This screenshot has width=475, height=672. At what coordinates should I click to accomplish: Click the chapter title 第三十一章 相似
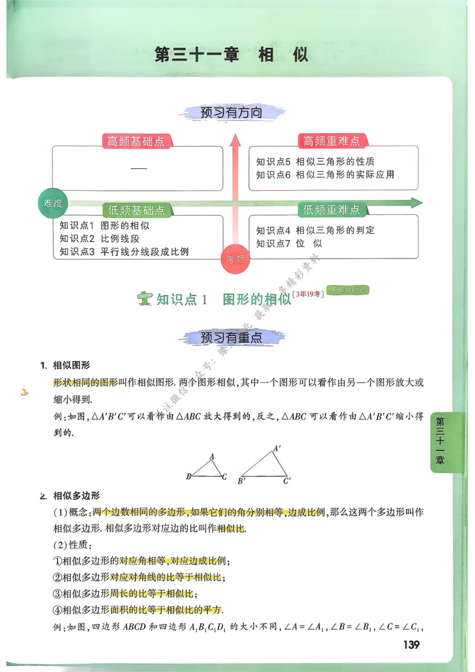tap(232, 55)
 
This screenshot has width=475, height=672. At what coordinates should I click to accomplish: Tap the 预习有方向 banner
tap(232, 112)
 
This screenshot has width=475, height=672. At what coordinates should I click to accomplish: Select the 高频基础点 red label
tap(136, 141)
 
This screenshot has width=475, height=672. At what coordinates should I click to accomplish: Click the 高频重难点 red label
tap(331, 141)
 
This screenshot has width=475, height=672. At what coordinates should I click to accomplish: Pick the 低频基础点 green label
tap(137, 210)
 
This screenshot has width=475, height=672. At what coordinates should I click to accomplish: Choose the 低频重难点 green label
tap(331, 210)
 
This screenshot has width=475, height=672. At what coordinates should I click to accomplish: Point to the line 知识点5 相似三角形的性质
tap(315, 162)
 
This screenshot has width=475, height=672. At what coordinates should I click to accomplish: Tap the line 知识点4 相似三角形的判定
tap(315, 230)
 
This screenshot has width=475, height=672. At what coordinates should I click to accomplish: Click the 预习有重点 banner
tap(232, 337)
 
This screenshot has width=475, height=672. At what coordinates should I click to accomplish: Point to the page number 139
tap(411, 645)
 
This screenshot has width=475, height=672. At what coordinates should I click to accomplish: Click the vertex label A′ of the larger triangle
tap(277, 449)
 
